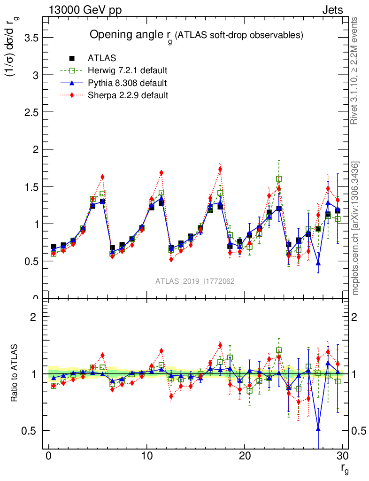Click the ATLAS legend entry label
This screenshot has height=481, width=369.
[102, 58]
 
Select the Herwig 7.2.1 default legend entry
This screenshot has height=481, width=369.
[128, 70]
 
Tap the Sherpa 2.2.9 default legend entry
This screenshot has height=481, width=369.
[128, 95]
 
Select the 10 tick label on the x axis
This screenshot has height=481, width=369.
[146, 456]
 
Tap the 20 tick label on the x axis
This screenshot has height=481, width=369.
[245, 456]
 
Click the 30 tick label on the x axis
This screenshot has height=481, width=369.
[343, 456]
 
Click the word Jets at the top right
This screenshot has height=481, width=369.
[332, 9]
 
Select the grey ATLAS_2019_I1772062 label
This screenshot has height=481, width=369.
[195, 281]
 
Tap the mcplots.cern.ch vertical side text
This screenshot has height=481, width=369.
[355, 228]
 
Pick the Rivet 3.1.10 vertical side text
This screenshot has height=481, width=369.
[355, 70]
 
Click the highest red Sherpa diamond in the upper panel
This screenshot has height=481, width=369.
[220, 169]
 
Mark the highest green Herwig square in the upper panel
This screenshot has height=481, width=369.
[279, 179]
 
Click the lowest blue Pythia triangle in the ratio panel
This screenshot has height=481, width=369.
[318, 428]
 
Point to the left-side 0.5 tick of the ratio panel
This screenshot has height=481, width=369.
[31, 431]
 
